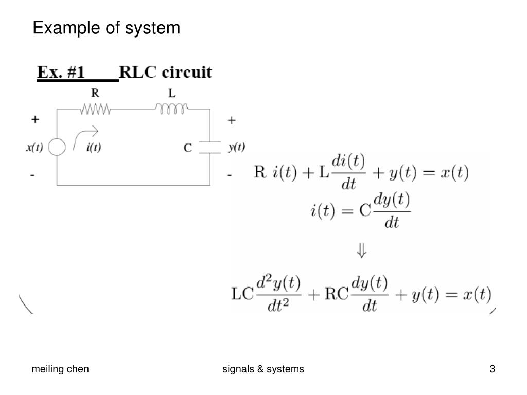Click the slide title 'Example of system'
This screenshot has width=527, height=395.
pos(107,28)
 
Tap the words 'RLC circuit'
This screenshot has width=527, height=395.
pos(165,72)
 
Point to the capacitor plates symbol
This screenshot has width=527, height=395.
pos(209,147)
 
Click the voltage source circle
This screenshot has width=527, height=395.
pos(57,148)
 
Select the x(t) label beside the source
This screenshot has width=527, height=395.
pos(34,148)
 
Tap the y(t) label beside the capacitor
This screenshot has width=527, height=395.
pos(236,147)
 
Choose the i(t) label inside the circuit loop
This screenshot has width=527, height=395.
pos(94,148)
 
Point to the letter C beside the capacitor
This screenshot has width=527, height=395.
pos(188,148)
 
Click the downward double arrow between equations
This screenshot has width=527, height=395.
pos(362,251)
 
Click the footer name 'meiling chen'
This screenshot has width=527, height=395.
pos(60,369)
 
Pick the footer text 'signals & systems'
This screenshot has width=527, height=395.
pos(263,369)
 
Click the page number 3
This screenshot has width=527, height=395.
pos(493,369)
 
